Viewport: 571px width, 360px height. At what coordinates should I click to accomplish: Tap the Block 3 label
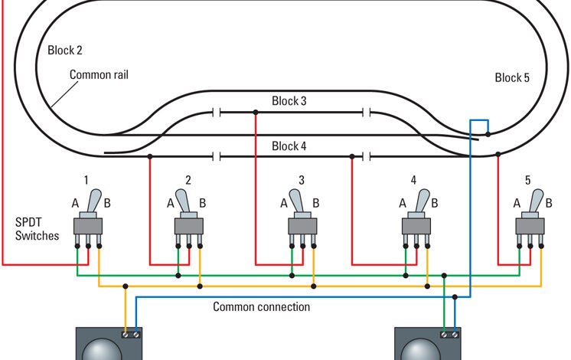[289, 101]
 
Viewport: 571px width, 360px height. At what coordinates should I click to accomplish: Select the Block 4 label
[289, 146]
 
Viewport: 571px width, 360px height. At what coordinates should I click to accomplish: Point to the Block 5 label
[512, 77]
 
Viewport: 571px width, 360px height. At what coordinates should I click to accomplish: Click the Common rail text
[98, 75]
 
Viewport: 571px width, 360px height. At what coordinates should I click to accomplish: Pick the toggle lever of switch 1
[91, 201]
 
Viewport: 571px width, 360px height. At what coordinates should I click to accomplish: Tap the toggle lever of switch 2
[184, 203]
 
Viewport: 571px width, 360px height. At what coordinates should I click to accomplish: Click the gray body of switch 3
[302, 227]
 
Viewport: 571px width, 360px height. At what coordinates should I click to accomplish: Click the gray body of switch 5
[530, 227]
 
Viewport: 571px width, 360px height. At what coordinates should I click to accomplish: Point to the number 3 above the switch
[302, 181]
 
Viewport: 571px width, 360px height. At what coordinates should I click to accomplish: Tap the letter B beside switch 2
[203, 204]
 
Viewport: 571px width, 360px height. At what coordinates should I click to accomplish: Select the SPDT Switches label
[37, 228]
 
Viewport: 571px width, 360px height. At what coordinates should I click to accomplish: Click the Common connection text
[262, 307]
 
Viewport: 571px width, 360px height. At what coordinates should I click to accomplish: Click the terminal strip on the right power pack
[450, 334]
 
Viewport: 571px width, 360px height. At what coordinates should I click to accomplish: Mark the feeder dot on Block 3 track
[255, 112]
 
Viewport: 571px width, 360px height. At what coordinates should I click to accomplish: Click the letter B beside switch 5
[548, 203]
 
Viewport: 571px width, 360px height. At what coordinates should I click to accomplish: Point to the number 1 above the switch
[86, 180]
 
